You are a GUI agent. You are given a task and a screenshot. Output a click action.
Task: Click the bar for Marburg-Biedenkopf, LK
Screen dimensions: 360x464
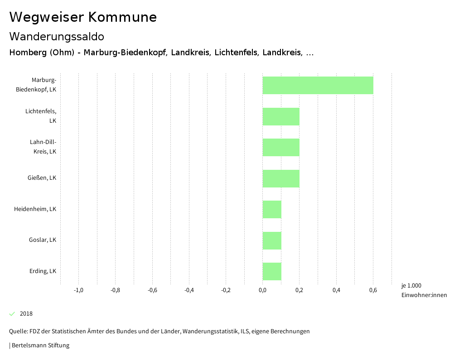pos(318,85)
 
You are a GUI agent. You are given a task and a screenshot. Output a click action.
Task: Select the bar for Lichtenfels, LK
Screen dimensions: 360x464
pos(281,116)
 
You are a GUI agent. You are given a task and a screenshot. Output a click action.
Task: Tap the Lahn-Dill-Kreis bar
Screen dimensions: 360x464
pos(281,147)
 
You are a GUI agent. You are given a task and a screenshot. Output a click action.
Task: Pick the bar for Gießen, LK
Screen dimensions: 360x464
pos(281,178)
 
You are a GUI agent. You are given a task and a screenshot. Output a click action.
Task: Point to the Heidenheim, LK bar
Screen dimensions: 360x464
pos(272,209)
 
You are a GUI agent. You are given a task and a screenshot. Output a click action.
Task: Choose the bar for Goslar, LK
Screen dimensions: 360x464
pos(272,240)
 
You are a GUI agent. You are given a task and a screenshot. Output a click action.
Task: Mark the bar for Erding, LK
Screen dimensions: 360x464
pos(272,271)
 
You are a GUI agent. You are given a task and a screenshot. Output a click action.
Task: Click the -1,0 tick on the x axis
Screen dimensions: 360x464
pos(78,290)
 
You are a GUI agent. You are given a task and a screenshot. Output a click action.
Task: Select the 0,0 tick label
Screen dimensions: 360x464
pos(262,290)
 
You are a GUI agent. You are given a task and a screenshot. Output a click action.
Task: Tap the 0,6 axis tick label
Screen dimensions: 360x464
pos(373,290)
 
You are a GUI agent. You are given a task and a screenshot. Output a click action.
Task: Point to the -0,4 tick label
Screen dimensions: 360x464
pos(189,290)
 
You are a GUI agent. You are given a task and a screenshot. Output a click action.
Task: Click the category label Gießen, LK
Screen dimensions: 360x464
pos(42,178)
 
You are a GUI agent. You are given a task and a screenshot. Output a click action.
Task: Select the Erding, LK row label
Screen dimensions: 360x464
pos(43,271)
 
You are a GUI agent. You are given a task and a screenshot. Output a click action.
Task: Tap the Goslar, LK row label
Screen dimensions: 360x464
pos(43,240)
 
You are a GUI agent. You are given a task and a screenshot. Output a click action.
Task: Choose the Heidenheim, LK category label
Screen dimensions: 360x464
pos(35,209)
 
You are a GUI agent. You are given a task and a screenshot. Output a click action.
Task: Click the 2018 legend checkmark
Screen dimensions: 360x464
pos(12,314)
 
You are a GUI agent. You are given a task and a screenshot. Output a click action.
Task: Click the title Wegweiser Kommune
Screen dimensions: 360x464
pos(83,17)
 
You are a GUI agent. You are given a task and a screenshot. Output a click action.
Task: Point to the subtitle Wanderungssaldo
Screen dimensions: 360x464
pos(57,36)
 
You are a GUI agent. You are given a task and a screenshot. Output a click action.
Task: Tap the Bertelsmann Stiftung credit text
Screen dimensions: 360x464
pos(40,346)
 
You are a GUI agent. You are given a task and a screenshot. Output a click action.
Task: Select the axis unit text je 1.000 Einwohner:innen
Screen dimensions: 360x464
pos(424,290)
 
